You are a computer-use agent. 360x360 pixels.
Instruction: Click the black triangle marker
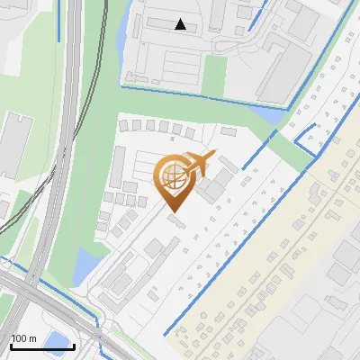181,24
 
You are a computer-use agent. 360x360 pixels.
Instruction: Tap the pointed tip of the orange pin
172,212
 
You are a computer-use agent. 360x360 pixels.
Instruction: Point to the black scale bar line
42,346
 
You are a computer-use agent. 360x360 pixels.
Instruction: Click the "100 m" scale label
23,338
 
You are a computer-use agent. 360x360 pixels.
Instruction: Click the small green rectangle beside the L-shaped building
214,76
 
